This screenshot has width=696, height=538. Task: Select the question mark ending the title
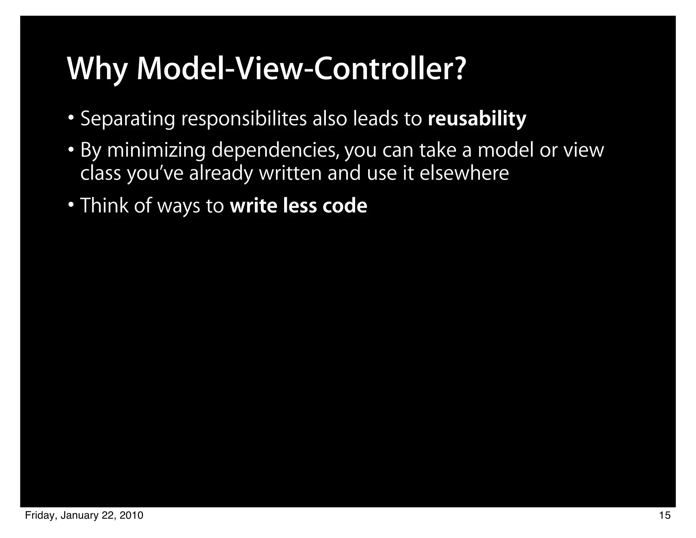point(458,68)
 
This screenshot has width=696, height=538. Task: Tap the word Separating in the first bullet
point(127,119)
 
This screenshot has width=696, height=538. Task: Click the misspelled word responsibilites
point(244,119)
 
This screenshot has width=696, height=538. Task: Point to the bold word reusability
point(477,119)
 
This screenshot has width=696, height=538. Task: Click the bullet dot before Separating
point(71,118)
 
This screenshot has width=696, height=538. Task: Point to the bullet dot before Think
point(71,205)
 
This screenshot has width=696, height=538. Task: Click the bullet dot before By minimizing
point(71,150)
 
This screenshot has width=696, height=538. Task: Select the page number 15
point(665,516)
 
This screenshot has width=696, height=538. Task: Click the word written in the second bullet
point(290,173)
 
